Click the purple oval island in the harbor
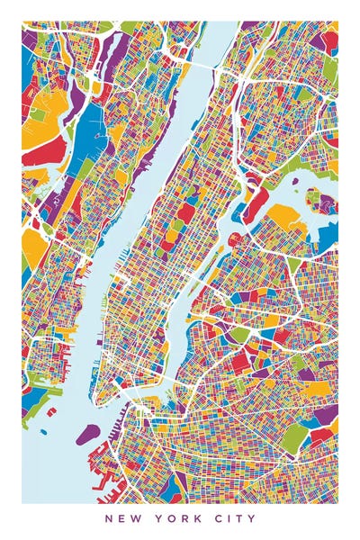click(x=87, y=435)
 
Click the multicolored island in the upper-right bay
click(x=318, y=199)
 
